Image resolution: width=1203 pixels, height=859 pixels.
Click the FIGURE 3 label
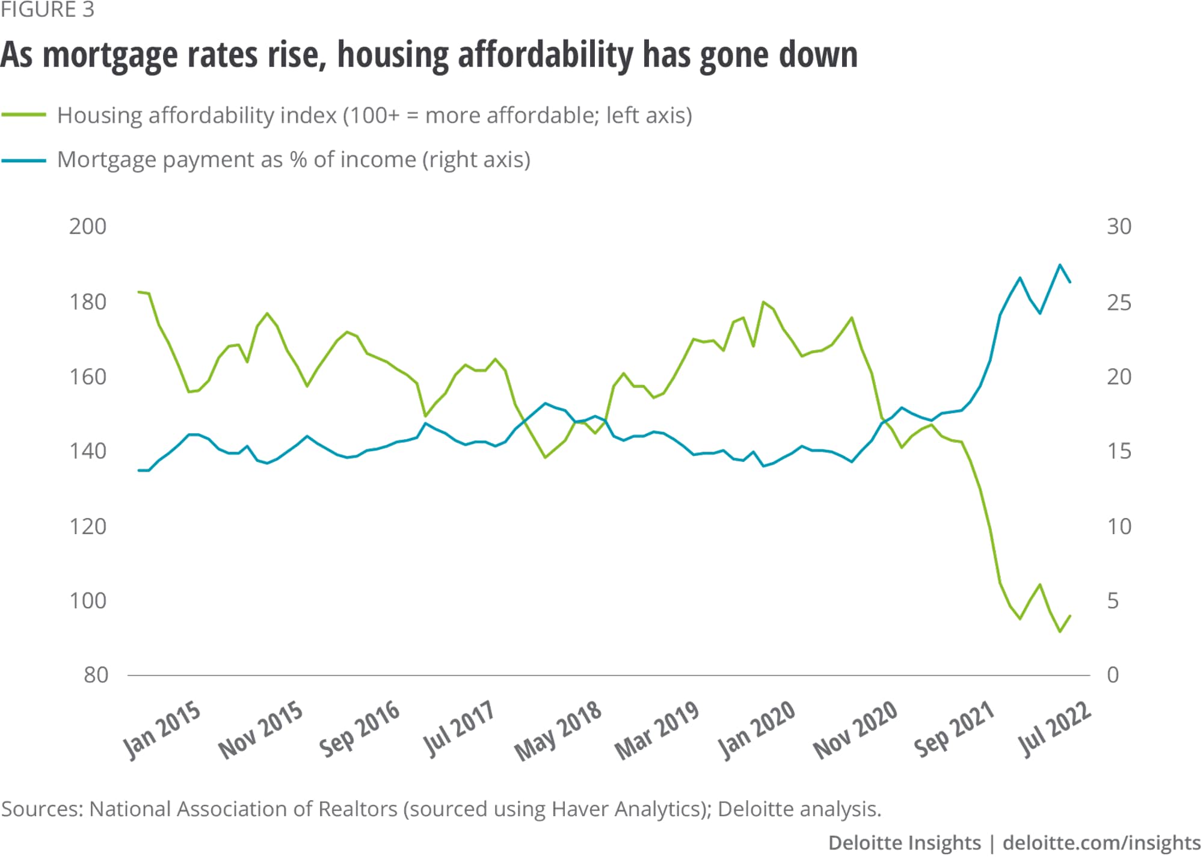(x=48, y=10)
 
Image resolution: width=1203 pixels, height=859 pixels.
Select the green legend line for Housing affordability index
(x=24, y=115)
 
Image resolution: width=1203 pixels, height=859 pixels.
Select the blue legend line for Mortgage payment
(x=24, y=160)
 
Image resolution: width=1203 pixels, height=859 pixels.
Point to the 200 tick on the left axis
(x=88, y=227)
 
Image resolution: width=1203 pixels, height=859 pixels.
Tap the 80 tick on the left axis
(x=96, y=676)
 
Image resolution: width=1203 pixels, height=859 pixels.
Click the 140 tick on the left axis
(x=88, y=451)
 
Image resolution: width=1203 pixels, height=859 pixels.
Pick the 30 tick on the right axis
(x=1119, y=227)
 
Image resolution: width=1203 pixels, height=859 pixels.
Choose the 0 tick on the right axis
(x=1113, y=676)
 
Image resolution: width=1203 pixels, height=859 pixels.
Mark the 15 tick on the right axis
(x=1119, y=451)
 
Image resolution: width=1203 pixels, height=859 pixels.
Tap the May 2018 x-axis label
(x=558, y=731)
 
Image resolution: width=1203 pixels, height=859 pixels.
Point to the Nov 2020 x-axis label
(x=855, y=731)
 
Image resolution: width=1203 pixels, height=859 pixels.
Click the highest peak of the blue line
(x=1060, y=265)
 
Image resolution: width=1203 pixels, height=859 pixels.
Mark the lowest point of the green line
(x=1060, y=632)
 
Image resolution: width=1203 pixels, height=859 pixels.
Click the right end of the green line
(x=1070, y=615)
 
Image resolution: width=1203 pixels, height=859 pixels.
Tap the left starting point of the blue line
(x=139, y=470)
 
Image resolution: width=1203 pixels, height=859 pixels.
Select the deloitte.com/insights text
(x=1101, y=843)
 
